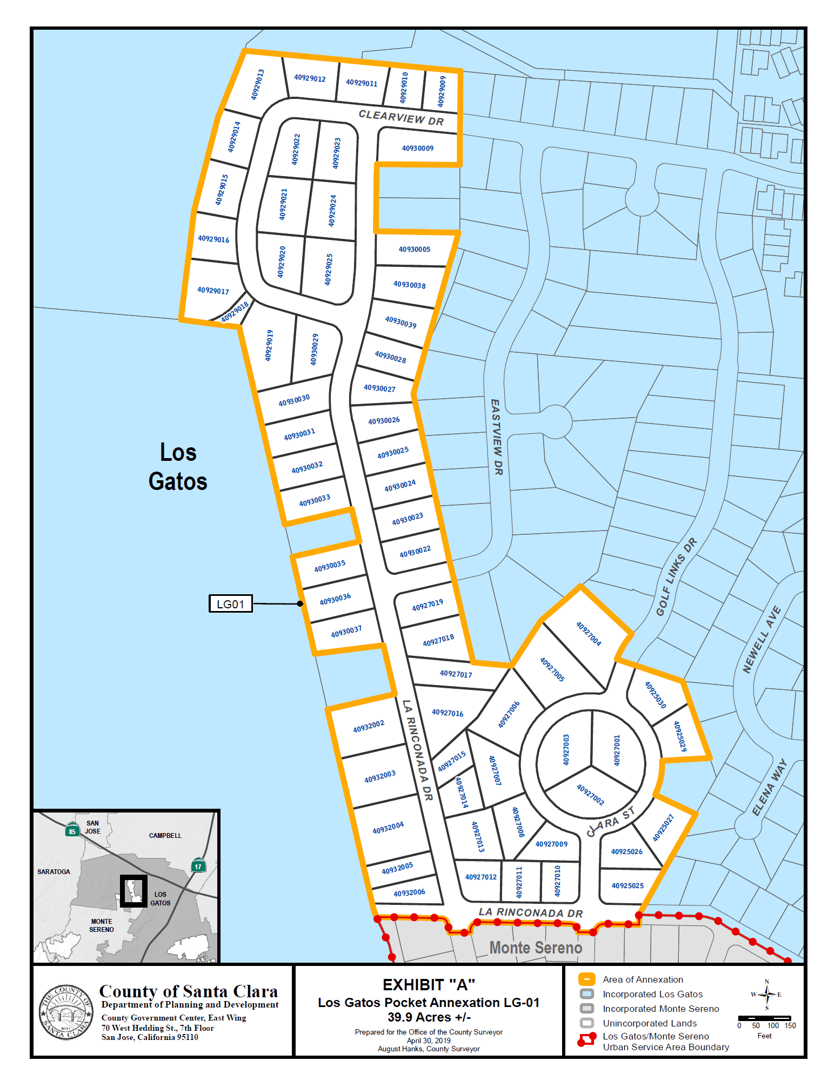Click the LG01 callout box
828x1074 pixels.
(231, 603)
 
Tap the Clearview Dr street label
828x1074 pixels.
(401, 117)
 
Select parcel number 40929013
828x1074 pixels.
(257, 84)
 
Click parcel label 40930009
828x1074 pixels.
(417, 148)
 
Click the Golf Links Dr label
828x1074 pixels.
(676, 576)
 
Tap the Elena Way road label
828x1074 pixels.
(769, 787)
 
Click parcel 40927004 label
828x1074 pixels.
(589, 633)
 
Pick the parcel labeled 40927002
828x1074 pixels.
(590, 794)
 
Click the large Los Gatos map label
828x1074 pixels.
(178, 467)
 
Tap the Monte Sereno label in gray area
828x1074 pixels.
(535, 948)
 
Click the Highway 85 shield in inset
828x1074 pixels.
(72, 830)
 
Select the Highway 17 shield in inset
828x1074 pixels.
(198, 865)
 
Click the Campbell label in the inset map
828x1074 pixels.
(165, 835)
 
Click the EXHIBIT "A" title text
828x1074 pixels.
(429, 984)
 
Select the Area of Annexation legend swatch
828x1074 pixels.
(586, 979)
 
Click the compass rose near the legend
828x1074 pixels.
(766, 995)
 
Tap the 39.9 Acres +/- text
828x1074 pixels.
(429, 1017)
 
